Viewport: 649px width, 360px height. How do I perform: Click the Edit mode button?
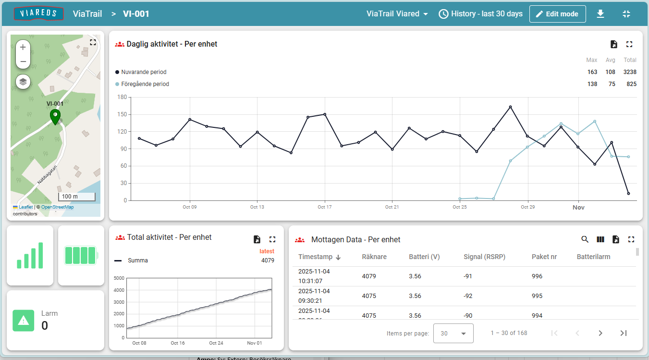click(557, 14)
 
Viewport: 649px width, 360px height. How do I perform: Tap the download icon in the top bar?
click(600, 14)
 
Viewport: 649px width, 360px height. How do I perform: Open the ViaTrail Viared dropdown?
click(397, 14)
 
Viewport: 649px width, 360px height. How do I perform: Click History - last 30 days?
click(480, 14)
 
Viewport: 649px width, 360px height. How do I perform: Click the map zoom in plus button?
click(23, 48)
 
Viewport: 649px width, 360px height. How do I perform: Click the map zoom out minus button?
click(23, 62)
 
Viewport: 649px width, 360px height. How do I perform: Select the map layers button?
click(23, 82)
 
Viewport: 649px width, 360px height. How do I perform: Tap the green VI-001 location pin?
click(55, 116)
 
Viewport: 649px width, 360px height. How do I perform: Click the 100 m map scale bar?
click(76, 197)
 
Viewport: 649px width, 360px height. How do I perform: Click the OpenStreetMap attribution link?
click(57, 207)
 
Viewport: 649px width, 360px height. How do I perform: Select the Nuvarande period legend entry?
click(143, 72)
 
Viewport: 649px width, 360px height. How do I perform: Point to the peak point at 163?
click(510, 107)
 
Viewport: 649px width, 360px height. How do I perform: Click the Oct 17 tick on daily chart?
click(325, 207)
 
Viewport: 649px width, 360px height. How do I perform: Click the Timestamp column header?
click(315, 257)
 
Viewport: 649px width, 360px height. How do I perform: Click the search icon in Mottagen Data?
click(585, 239)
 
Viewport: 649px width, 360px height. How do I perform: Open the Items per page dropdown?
click(453, 333)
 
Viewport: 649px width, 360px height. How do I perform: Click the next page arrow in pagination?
click(600, 333)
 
